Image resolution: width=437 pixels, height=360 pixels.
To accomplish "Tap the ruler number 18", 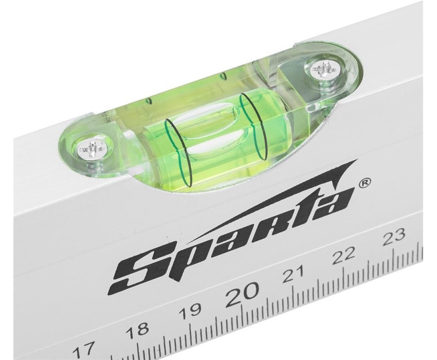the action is coord(137,330).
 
